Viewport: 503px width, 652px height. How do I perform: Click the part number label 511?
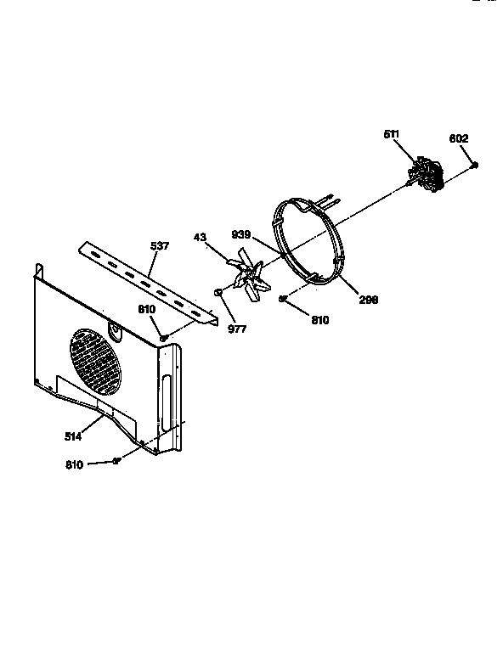point(391,134)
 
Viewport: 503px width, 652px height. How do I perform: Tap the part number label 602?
point(459,138)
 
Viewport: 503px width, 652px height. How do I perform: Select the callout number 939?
point(241,234)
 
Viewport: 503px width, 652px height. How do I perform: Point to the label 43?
point(200,237)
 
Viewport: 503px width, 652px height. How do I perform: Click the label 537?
point(160,245)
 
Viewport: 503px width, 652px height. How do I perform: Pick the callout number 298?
point(368,300)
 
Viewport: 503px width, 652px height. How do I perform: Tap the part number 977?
point(237,329)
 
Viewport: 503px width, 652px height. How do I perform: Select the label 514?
point(73,436)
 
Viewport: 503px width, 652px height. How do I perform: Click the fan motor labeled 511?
point(424,174)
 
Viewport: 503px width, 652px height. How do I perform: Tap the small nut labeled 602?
point(475,165)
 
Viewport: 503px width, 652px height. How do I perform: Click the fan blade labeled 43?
point(248,275)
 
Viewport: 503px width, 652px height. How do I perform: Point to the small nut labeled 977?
point(218,293)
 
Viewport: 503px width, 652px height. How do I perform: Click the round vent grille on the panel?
point(95,362)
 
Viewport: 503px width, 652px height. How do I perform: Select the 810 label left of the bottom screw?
point(74,464)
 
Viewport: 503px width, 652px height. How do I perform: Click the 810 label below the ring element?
point(319,320)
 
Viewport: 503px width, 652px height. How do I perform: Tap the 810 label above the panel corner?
point(146,309)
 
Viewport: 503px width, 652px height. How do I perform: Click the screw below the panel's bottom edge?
point(116,460)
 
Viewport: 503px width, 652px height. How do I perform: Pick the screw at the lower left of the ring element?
point(282,298)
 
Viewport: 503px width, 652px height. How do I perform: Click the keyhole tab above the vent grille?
point(116,331)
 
